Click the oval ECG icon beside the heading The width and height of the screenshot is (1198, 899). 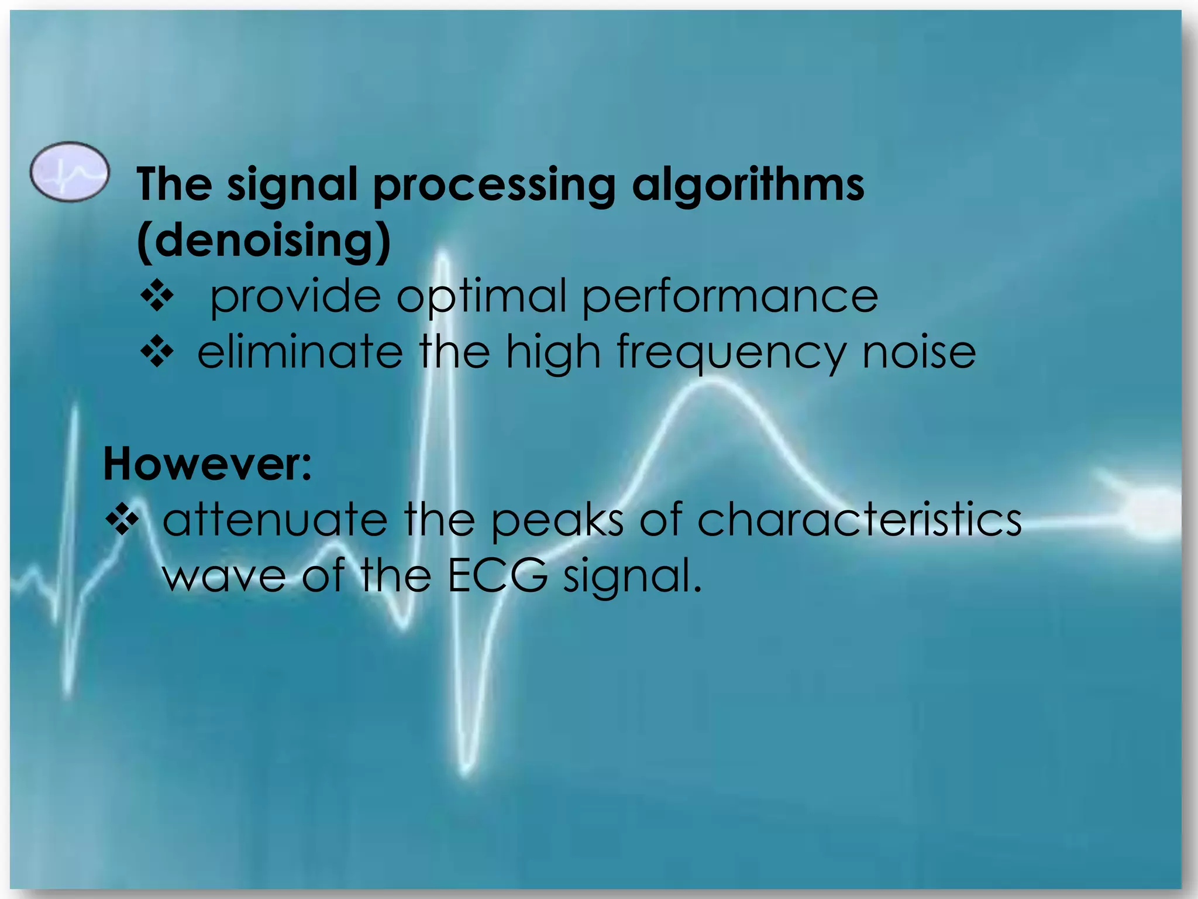pos(70,172)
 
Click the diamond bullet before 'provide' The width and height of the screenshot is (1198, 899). pos(157,296)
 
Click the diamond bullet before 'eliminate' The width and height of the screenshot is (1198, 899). pos(157,352)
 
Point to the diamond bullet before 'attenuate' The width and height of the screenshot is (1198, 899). pos(122,519)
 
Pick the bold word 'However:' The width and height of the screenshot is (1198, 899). pos(208,464)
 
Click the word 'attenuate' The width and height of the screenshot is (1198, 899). pos(275,520)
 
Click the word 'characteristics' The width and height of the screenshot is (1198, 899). pos(859,520)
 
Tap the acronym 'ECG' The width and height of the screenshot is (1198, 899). pos(498,575)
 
